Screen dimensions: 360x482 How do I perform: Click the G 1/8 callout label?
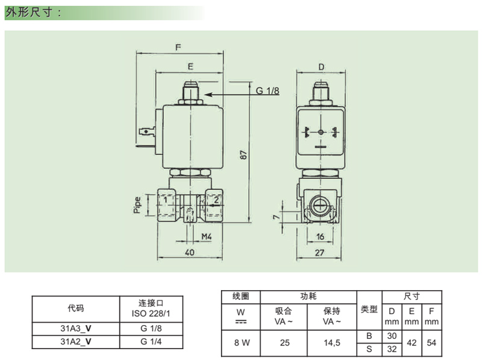pyautogui.click(x=268, y=91)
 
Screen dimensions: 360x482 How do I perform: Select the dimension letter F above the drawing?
pyautogui.click(x=178, y=46)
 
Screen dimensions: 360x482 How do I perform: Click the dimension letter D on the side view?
pyautogui.click(x=321, y=66)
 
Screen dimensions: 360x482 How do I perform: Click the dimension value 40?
pyautogui.click(x=190, y=253)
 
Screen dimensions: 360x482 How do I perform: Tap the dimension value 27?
pyautogui.click(x=321, y=253)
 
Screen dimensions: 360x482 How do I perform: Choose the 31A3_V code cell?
pyautogui.click(x=76, y=329)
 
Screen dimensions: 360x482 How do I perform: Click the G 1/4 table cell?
pyautogui.click(x=152, y=341)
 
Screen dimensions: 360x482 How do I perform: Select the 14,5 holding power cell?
pyautogui.click(x=332, y=343)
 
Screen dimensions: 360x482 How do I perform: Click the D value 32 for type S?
pyautogui.click(x=392, y=349)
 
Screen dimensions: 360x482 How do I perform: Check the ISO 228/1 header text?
pyautogui.click(x=152, y=314)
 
